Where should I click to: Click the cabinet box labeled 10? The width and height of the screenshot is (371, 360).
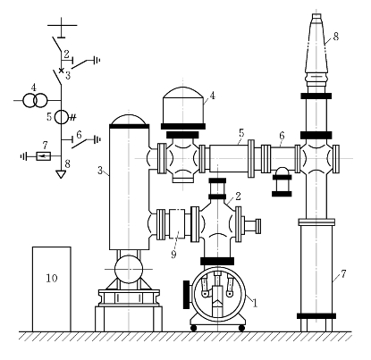52,289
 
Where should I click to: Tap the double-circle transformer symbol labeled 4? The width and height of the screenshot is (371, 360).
36,101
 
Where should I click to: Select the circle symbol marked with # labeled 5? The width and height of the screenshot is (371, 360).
62,117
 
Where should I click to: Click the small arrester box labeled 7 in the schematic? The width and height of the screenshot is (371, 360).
44,155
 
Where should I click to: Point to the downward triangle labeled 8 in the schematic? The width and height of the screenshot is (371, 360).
61,174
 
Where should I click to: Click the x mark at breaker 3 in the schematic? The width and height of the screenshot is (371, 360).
61,71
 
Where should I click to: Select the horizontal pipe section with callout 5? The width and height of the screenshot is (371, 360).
229,158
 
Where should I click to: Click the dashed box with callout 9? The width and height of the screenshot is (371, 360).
177,223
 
